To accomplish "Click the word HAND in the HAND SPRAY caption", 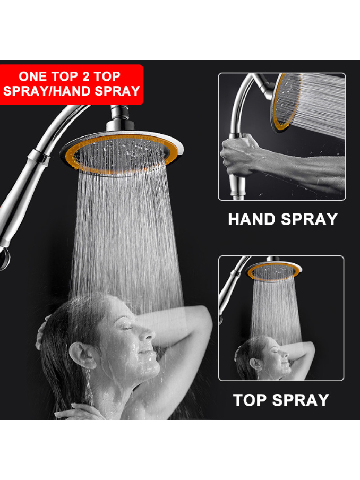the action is (x=252, y=219).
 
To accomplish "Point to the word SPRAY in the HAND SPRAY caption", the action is (x=309, y=219).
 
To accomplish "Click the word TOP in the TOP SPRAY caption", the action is (x=250, y=400).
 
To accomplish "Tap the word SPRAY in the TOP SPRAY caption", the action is (x=301, y=400).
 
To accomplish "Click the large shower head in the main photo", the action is (x=122, y=153).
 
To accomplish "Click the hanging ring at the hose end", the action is (x=4, y=259).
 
